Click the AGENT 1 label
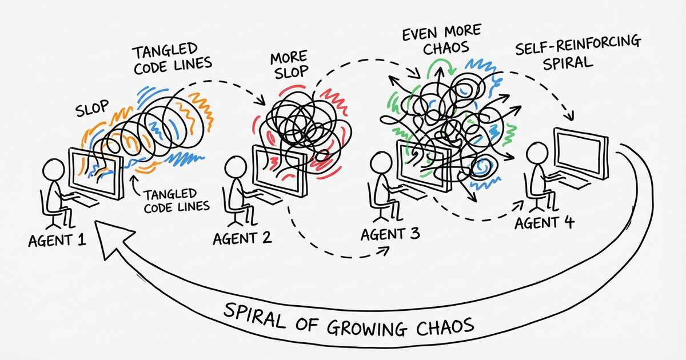tap(57, 239)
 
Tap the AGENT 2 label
tap(241, 237)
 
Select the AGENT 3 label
tap(390, 233)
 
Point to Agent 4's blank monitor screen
tap(580, 150)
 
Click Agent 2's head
tap(234, 166)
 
